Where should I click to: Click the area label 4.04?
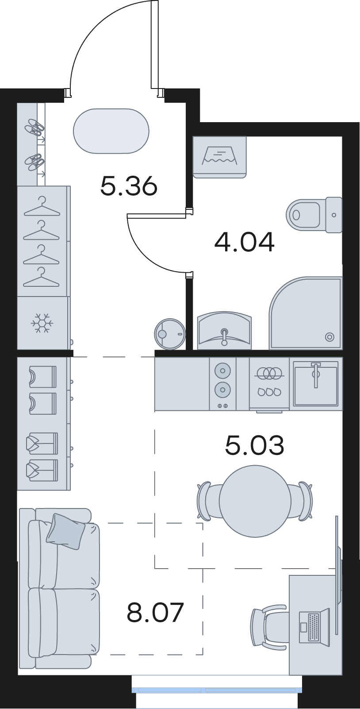pyautogui.click(x=244, y=243)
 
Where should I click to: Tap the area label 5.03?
pyautogui.click(x=255, y=445)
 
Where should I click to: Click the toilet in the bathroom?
pyautogui.click(x=314, y=215)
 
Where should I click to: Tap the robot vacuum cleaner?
pyautogui.click(x=170, y=334)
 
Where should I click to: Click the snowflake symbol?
pyautogui.click(x=42, y=323)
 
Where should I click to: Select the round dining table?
pyautogui.click(x=255, y=501)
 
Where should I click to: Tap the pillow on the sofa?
pyautogui.click(x=65, y=532)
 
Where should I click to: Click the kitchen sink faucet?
pyautogui.click(x=315, y=374)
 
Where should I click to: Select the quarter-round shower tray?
pyautogui.click(x=306, y=313)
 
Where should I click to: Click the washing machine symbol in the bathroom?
pyautogui.click(x=219, y=157)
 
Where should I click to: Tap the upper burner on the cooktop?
pyautogui.click(x=222, y=370)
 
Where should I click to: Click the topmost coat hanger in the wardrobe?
pyautogui.click(x=42, y=207)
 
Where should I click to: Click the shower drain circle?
pyautogui.click(x=330, y=337)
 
